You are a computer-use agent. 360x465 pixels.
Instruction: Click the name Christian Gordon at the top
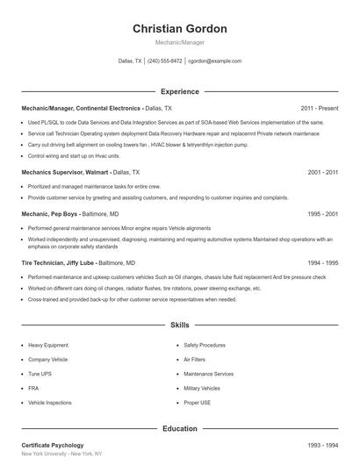(x=180, y=29)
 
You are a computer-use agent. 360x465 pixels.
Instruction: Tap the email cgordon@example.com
(x=214, y=61)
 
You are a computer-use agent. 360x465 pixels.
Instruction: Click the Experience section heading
(x=180, y=91)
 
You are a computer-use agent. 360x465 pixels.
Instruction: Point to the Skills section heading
(x=180, y=325)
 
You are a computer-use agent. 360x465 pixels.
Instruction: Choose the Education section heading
(x=180, y=429)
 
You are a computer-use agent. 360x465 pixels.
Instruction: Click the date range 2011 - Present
(x=319, y=108)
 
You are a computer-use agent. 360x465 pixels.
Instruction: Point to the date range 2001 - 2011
(x=323, y=173)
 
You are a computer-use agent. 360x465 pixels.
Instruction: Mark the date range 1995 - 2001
(x=323, y=213)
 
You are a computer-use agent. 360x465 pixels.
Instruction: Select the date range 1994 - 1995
(x=323, y=262)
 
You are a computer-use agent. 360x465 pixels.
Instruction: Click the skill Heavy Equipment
(x=48, y=346)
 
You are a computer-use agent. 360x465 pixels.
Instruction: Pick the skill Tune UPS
(x=40, y=374)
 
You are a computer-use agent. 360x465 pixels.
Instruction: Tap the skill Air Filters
(x=194, y=360)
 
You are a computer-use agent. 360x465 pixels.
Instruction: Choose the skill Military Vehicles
(x=202, y=388)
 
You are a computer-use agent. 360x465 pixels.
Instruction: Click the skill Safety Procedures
(x=205, y=346)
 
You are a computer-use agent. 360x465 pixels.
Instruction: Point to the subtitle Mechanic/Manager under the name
(x=180, y=42)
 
